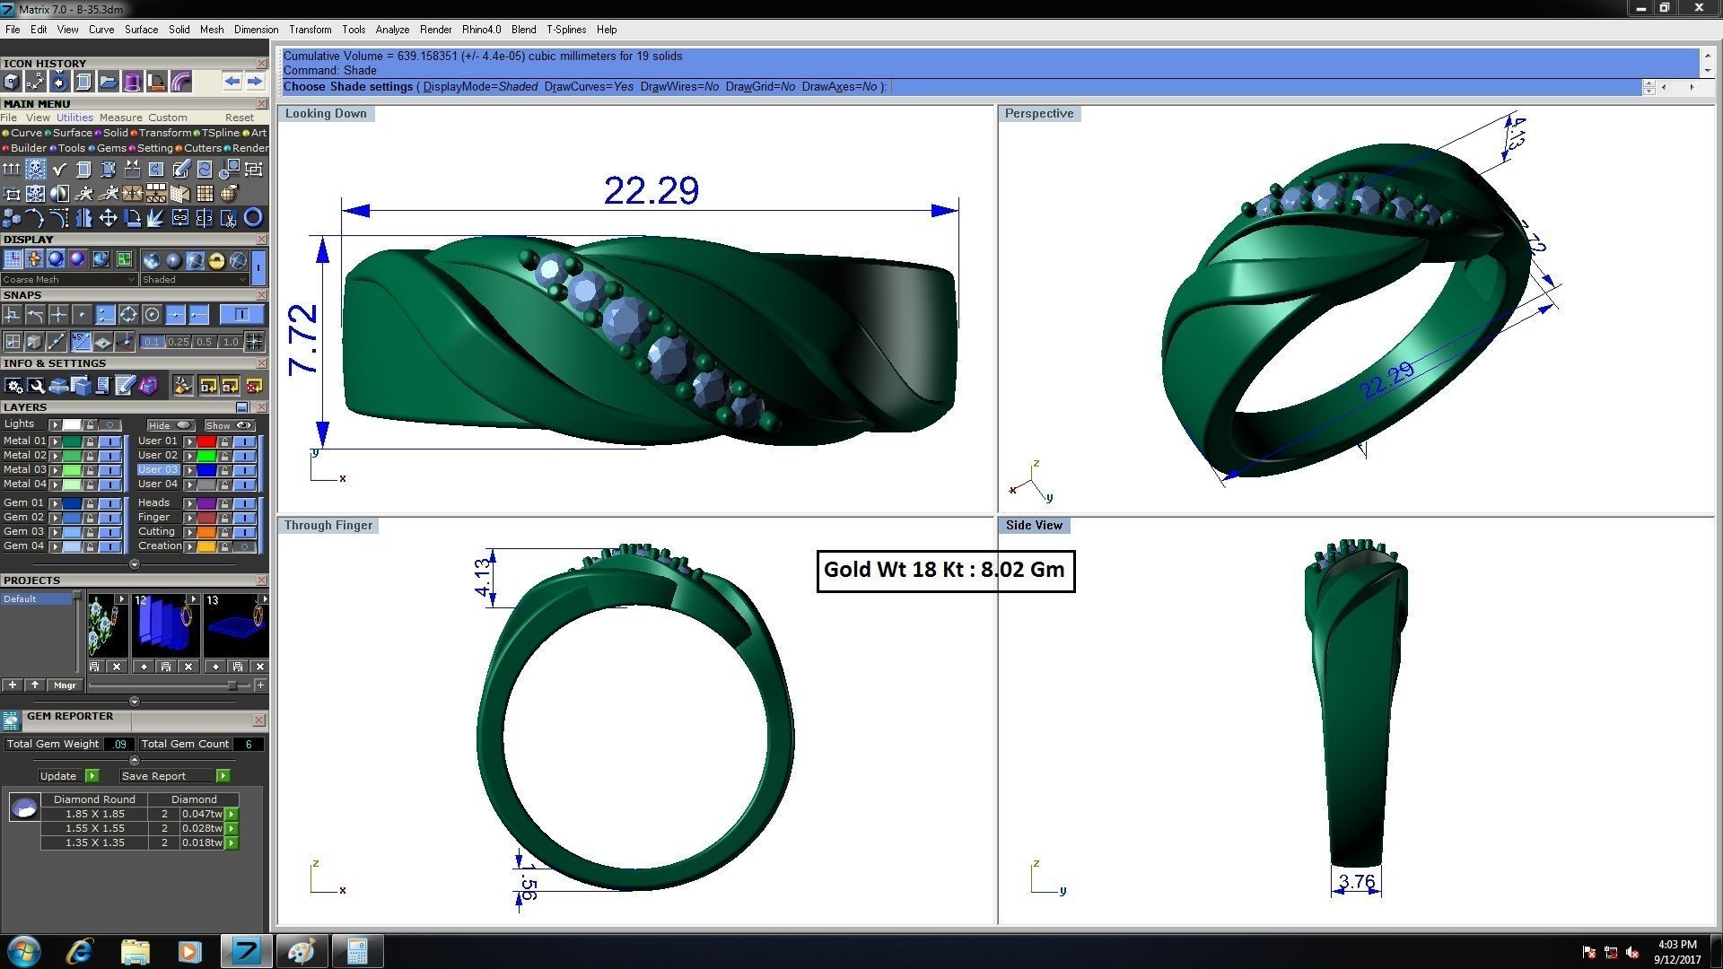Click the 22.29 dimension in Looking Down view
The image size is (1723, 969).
651,190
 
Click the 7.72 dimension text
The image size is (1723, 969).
303,339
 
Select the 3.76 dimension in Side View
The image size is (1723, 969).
1356,882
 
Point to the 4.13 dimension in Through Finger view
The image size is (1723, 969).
483,577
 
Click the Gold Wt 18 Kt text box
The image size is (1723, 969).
945,571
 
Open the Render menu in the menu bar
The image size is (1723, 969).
435,30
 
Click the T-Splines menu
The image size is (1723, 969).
565,30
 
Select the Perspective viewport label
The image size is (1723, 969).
1038,113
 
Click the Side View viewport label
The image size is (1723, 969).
1033,525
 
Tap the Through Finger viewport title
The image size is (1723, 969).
328,525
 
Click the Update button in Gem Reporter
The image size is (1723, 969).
58,776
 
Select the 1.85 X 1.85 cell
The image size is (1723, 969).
94,814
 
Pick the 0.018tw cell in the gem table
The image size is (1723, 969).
201,842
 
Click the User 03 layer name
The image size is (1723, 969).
158,469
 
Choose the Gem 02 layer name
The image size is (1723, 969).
23,517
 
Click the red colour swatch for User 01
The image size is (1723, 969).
206,441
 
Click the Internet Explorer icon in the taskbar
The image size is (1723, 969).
81,951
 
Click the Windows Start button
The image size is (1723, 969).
23,951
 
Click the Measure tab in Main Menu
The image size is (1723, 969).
120,118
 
